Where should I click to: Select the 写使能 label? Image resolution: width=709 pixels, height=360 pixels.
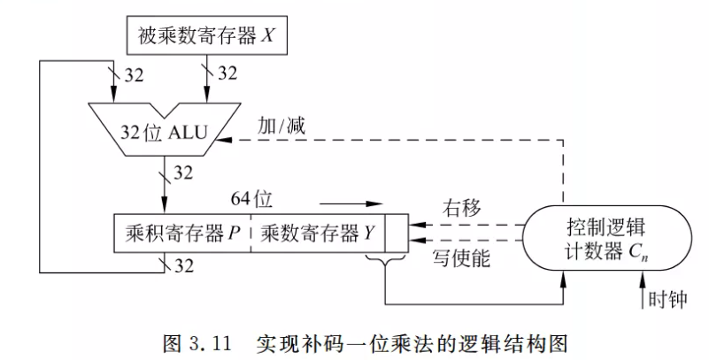(x=460, y=260)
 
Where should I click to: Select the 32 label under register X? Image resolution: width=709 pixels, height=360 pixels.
(x=227, y=73)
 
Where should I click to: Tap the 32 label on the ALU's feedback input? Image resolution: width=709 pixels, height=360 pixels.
(x=134, y=73)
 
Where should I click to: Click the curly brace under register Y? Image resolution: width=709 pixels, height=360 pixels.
(x=385, y=258)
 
